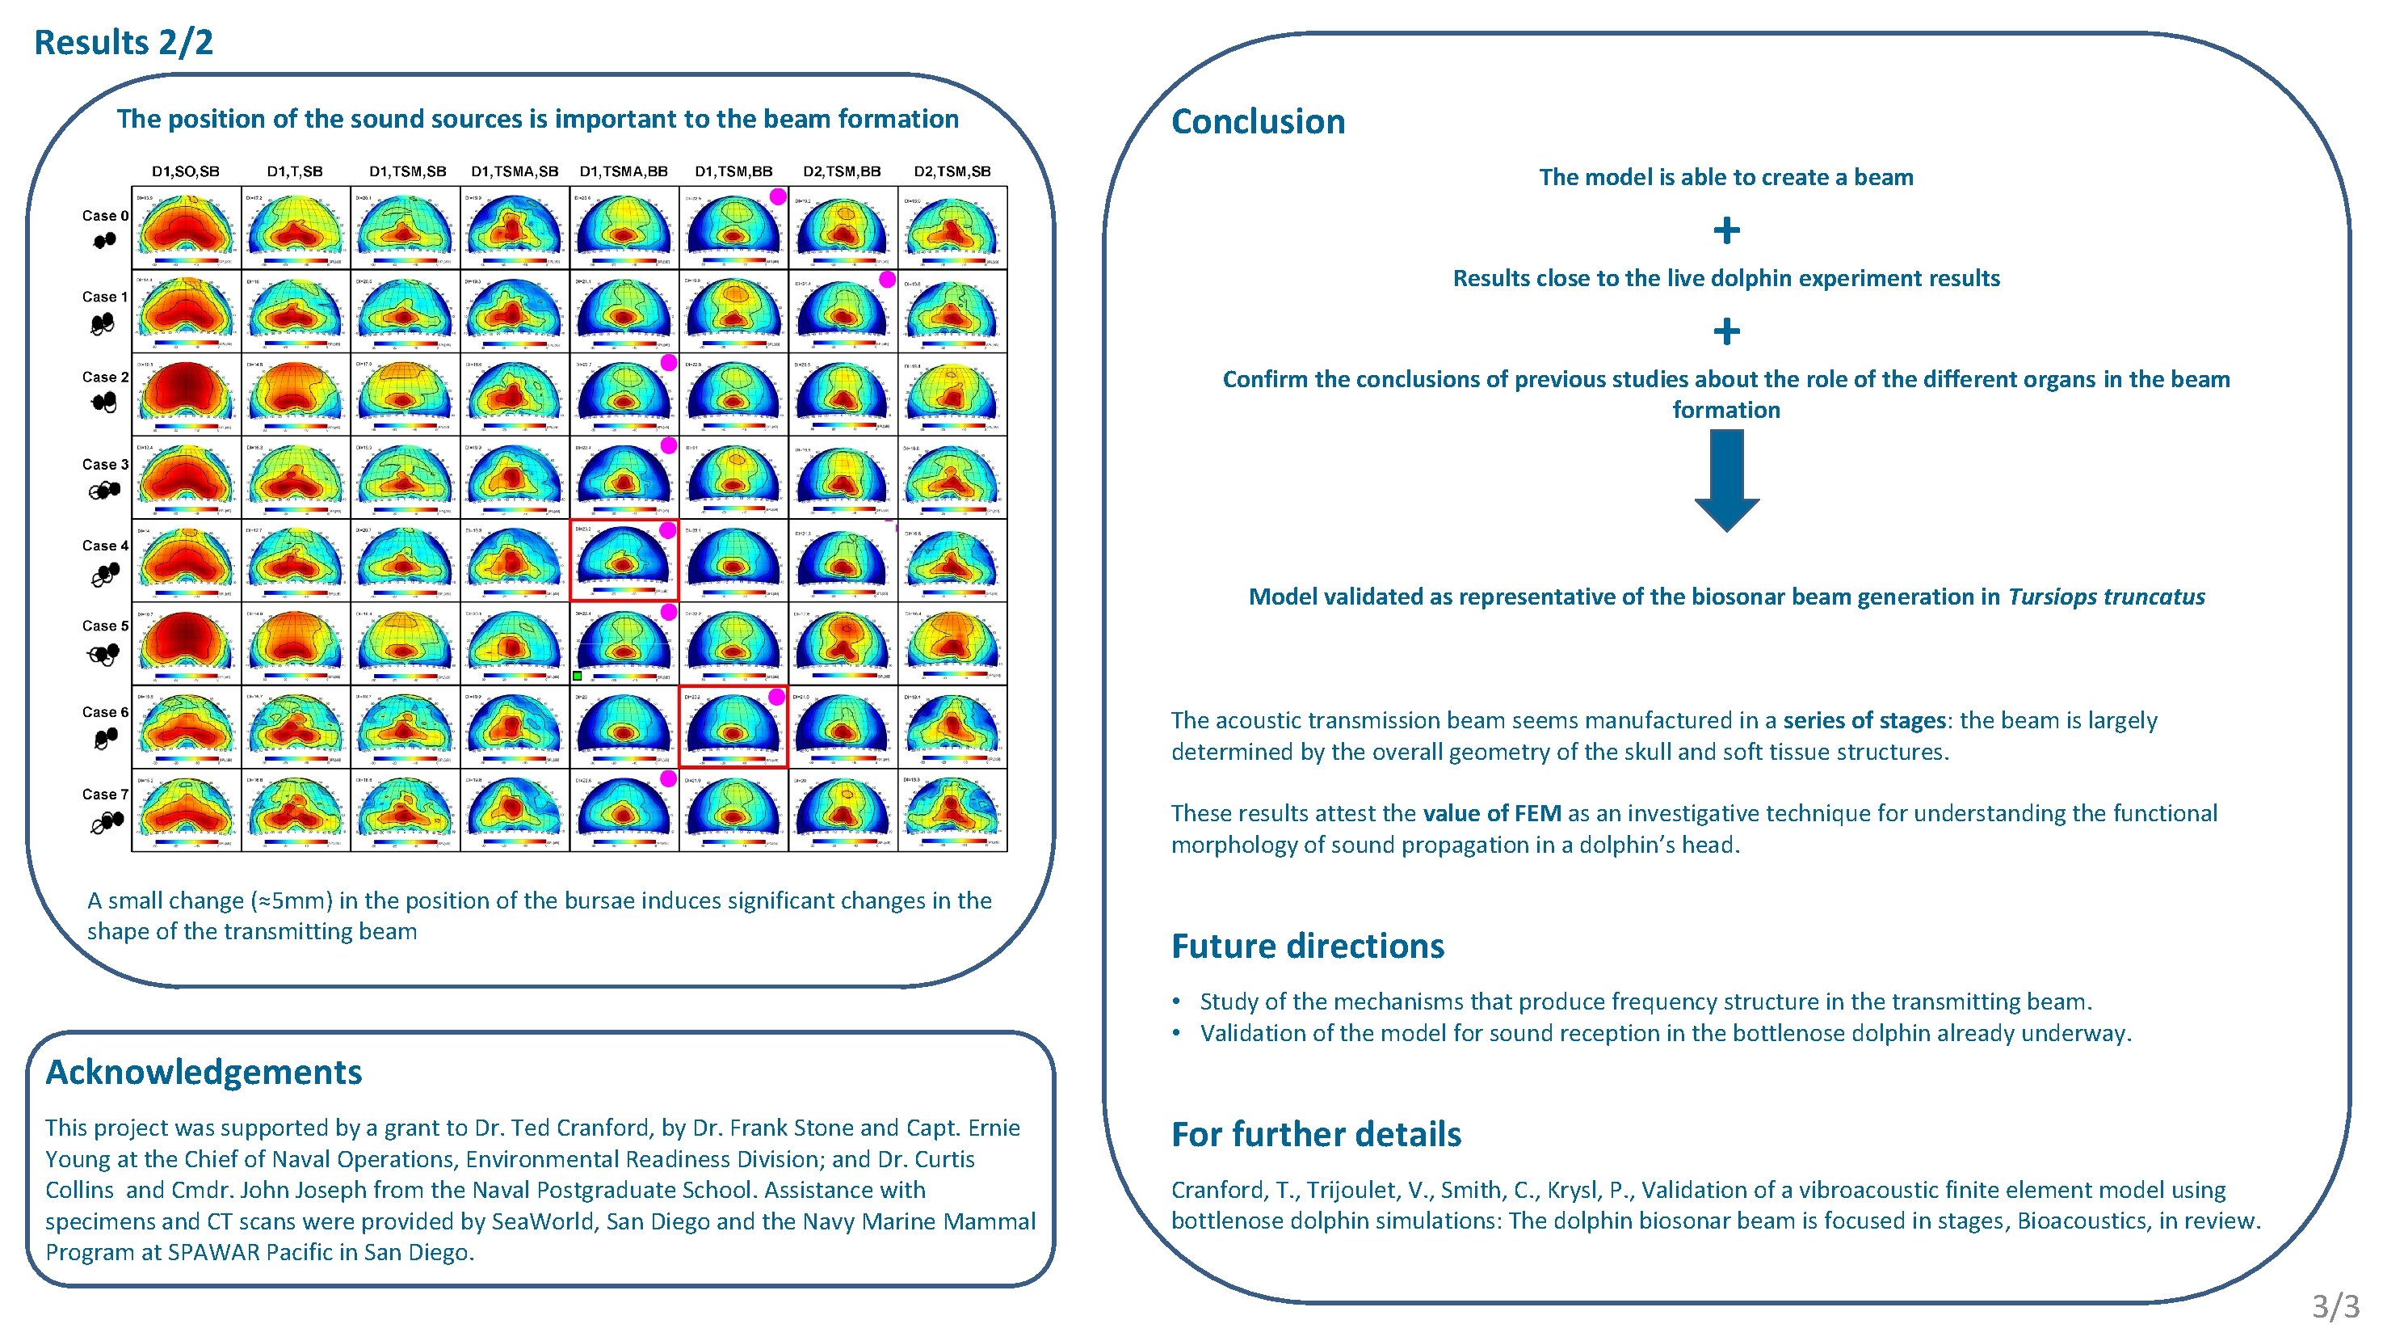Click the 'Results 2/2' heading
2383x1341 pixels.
click(123, 43)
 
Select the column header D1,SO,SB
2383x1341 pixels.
click(185, 171)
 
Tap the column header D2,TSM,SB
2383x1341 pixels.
click(952, 171)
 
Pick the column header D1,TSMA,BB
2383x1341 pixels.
click(624, 171)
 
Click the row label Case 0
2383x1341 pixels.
click(104, 216)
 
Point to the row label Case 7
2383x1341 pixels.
click(104, 794)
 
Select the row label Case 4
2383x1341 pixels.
click(104, 545)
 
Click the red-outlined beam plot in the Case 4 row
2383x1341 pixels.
click(624, 560)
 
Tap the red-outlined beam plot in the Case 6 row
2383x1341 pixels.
click(733, 727)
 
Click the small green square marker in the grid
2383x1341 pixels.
click(578, 677)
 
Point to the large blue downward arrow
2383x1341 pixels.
click(1726, 480)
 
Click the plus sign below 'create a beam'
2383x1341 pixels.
click(1726, 230)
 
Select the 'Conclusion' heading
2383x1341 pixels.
click(1257, 122)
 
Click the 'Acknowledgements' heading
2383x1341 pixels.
click(204, 1072)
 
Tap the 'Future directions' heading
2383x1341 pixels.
click(1307, 946)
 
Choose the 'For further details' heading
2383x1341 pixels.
click(1315, 1134)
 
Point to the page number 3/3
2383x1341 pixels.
click(2335, 1305)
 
